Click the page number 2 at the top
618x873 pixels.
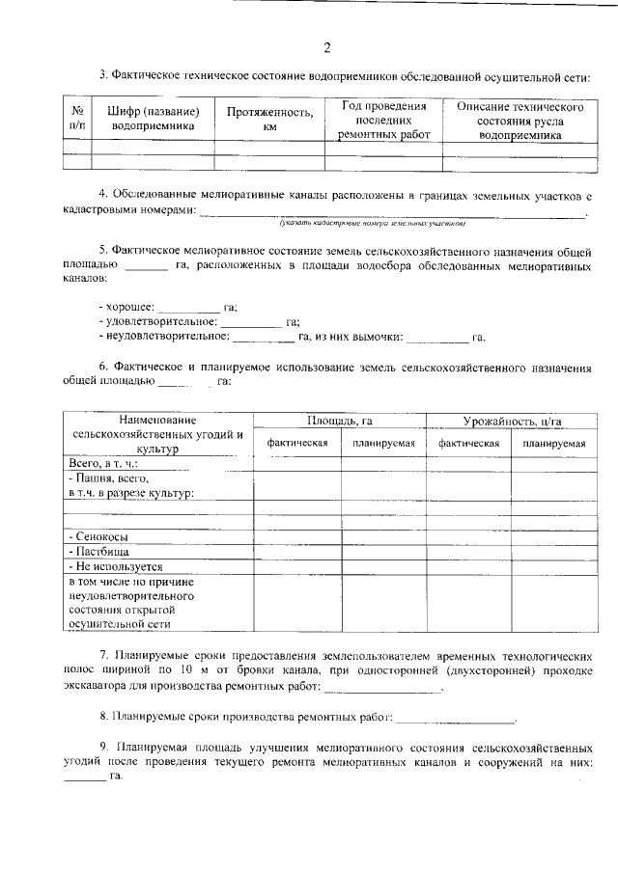click(x=327, y=48)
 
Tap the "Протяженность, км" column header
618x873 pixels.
click(x=269, y=119)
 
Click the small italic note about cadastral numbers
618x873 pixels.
click(x=373, y=223)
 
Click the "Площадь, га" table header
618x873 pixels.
click(x=340, y=422)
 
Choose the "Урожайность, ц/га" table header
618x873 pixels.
click(x=512, y=422)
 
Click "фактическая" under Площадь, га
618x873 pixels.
click(x=297, y=443)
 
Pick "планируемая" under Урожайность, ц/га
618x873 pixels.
click(x=554, y=444)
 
